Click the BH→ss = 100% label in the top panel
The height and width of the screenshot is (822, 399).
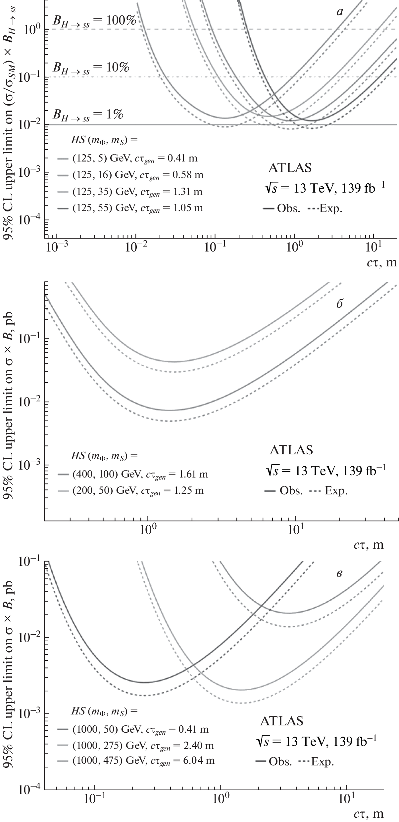coord(94,21)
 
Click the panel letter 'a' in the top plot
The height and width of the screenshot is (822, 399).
coord(339,12)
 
